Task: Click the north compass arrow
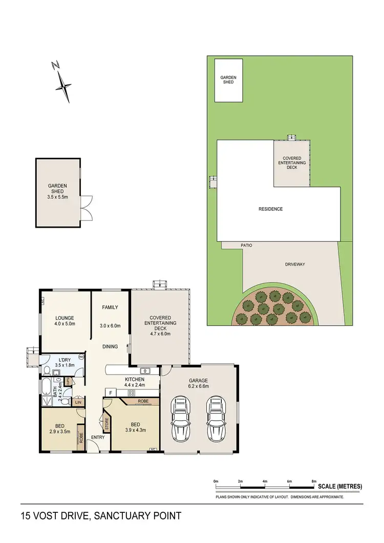pyautogui.click(x=63, y=82)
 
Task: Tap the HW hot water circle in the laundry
pyautogui.click(x=81, y=357)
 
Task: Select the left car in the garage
pyautogui.click(x=180, y=418)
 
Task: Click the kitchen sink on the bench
pyautogui.click(x=144, y=370)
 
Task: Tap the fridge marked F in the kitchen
pyautogui.click(x=109, y=393)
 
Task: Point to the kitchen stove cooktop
pyautogui.click(x=131, y=393)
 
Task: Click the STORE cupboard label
pyautogui.click(x=107, y=424)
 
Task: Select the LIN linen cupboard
pyautogui.click(x=78, y=403)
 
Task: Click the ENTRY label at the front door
pyautogui.click(x=98, y=438)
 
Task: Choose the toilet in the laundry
pyautogui.click(x=47, y=370)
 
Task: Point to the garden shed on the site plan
pyautogui.click(x=228, y=80)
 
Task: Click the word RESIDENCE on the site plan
pyautogui.click(x=270, y=209)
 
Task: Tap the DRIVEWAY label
pyautogui.click(x=294, y=264)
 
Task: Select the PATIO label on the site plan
pyautogui.click(x=246, y=246)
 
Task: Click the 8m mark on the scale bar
pyautogui.click(x=314, y=482)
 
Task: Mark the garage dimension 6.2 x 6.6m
pyautogui.click(x=198, y=387)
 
